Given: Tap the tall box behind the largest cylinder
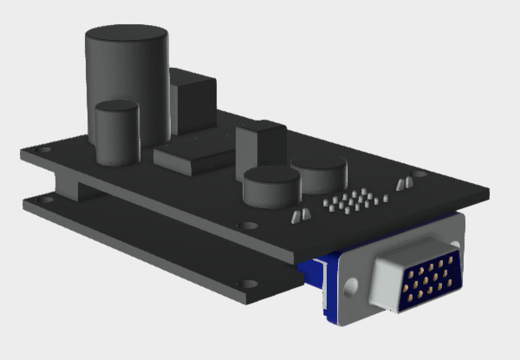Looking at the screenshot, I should [x=193, y=101].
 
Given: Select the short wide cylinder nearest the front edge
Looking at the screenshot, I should [x=271, y=187].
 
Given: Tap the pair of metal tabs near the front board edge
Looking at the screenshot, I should [x=300, y=214].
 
